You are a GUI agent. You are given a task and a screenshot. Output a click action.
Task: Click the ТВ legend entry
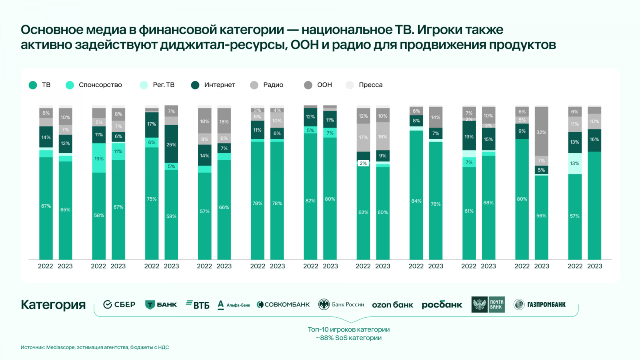coord(40,85)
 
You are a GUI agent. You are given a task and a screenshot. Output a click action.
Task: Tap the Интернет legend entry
coord(213,85)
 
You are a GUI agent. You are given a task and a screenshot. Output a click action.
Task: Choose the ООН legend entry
coord(318,85)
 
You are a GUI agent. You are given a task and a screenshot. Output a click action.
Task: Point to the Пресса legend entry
coord(364,85)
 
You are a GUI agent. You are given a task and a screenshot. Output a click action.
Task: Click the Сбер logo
coord(119,305)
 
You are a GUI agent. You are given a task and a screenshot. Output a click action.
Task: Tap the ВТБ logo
coord(198,305)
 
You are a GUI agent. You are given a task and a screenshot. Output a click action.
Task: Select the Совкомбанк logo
coord(283,305)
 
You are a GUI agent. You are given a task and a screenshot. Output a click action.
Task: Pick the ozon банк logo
coord(392,305)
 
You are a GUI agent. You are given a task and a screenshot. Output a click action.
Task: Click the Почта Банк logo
coord(488,305)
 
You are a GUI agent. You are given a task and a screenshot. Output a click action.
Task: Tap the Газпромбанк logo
coord(540,305)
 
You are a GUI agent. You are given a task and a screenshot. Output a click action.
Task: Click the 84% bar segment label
coord(416,201)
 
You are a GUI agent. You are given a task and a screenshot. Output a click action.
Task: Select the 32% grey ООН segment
coord(541,132)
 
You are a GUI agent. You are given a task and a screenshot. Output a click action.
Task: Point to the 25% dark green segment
coord(171,145)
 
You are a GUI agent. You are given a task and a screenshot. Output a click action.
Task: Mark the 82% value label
coord(310,201)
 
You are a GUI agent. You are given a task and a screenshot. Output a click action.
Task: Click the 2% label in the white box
coord(363,164)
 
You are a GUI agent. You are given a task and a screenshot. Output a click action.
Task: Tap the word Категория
coord(53,305)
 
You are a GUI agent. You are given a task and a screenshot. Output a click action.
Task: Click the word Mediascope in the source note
coord(60,348)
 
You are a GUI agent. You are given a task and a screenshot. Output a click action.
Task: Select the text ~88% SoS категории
coord(349,338)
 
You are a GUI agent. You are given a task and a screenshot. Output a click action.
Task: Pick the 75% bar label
coord(152,199)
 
